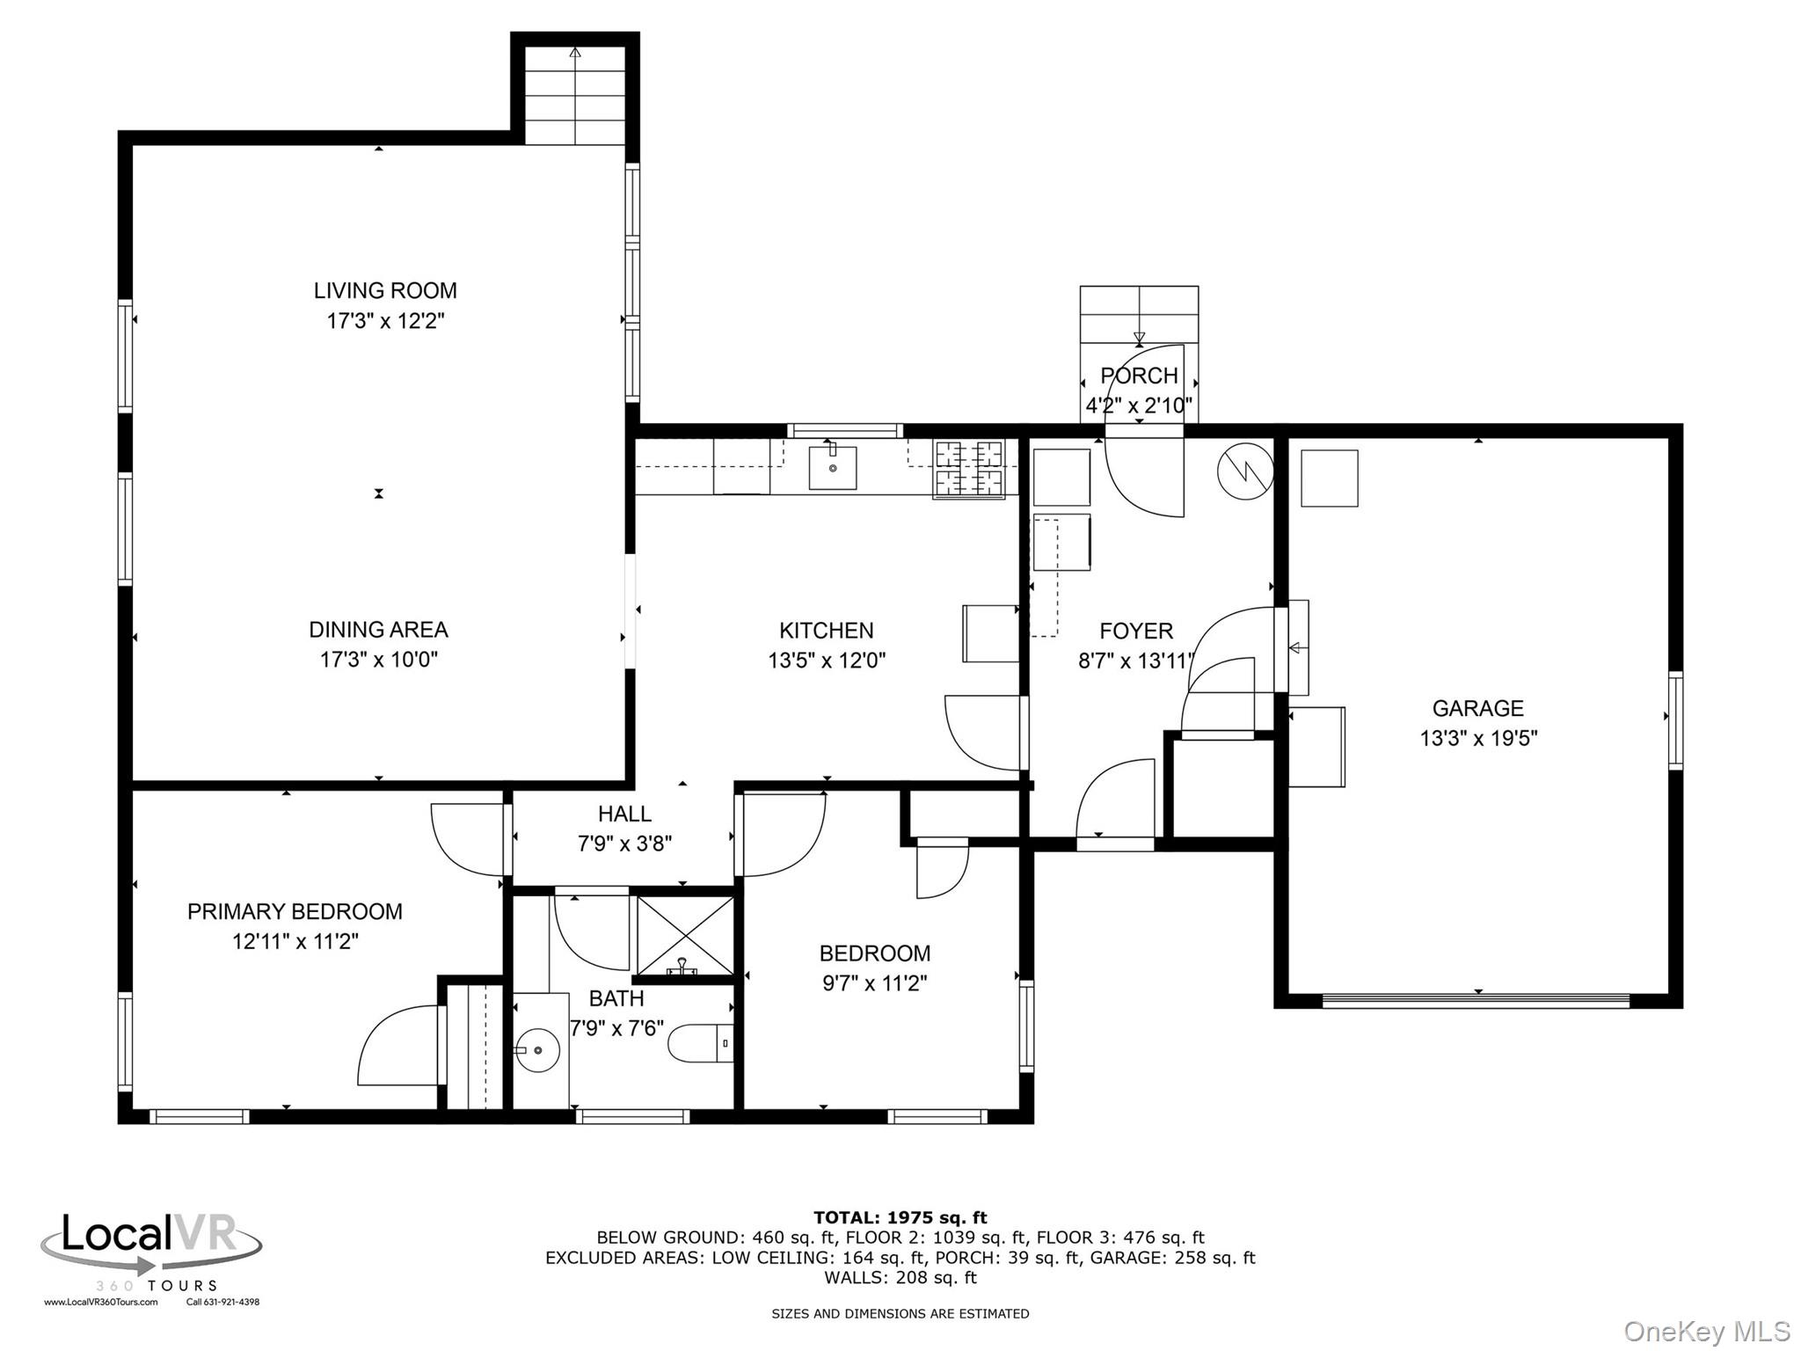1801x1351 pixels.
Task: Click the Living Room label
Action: click(385, 290)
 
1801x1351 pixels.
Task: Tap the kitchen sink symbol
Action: click(832, 467)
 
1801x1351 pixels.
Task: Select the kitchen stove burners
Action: click(968, 469)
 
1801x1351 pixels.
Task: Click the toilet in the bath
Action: click(701, 1044)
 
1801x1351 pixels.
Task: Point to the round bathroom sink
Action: click(537, 1049)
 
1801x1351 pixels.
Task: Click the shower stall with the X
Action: click(685, 935)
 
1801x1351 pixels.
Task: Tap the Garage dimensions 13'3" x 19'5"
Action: click(1478, 738)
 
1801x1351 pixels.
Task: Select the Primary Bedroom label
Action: click(295, 911)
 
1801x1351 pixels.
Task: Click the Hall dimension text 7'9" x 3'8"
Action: click(624, 843)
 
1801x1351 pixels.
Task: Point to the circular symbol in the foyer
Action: click(1245, 472)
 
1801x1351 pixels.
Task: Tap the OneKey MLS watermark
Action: click(1707, 1332)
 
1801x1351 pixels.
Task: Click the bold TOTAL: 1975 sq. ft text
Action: click(900, 1217)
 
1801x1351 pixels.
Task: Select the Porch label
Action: click(1139, 376)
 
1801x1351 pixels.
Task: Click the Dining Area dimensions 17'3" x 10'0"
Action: click(378, 660)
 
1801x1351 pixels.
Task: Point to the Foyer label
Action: click(1136, 631)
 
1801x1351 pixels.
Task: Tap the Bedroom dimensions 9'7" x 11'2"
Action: click(874, 983)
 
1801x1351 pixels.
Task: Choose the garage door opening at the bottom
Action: click(1477, 1001)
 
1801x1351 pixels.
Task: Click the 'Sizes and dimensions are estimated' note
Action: click(900, 1314)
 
